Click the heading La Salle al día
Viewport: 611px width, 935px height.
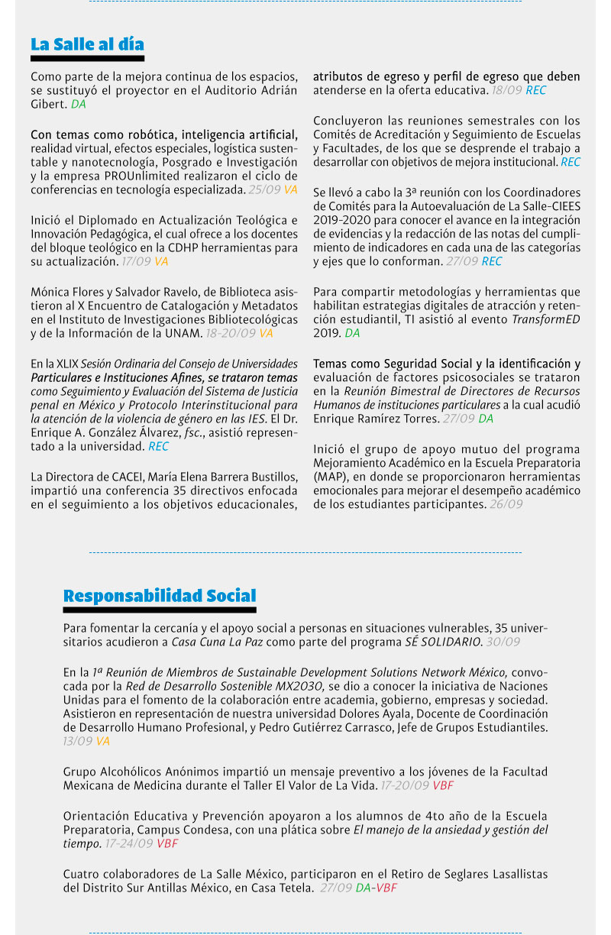click(87, 44)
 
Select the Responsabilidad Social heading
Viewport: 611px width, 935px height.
click(160, 596)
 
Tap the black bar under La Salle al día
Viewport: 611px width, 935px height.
click(87, 58)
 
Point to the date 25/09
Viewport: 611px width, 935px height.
click(264, 189)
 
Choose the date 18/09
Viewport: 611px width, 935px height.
click(506, 90)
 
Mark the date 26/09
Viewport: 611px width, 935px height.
click(506, 504)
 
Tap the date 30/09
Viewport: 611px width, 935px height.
click(503, 642)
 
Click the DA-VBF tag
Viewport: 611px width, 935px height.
click(377, 888)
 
